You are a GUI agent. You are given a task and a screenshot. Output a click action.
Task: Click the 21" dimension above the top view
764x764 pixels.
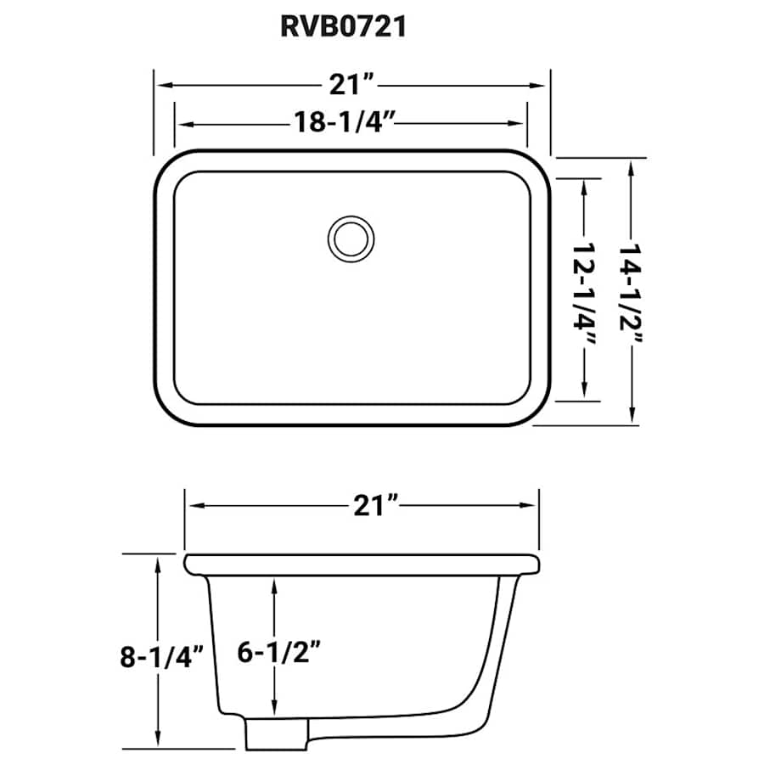point(351,86)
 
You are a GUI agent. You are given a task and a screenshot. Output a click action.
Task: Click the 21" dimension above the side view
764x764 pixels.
point(374,506)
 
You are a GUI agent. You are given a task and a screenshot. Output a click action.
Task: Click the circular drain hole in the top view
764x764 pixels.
point(350,237)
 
